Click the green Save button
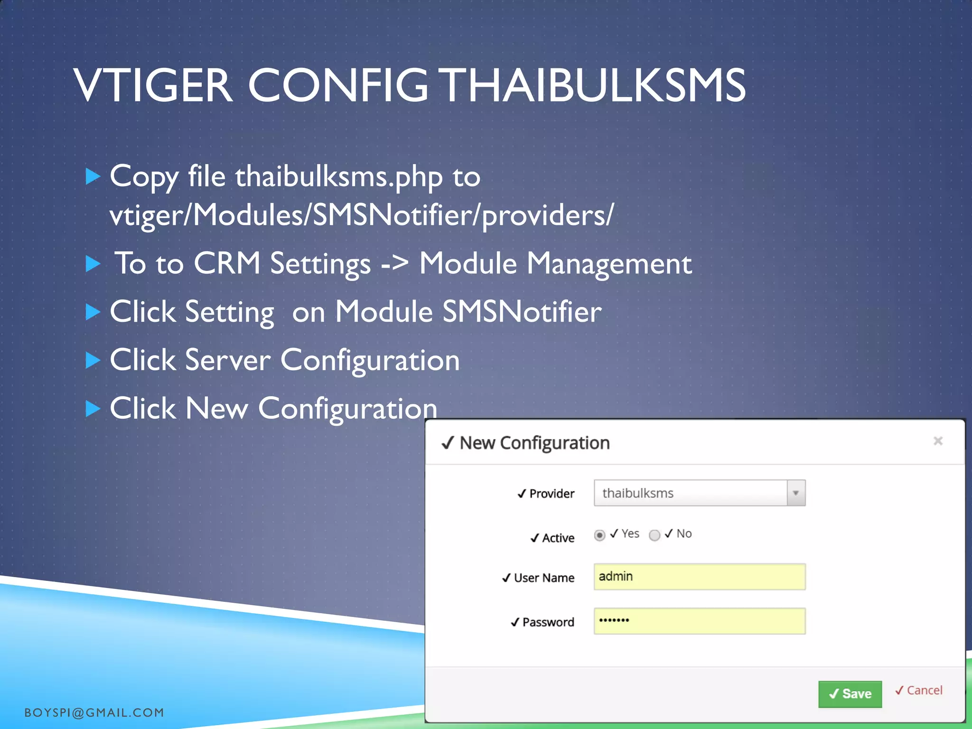point(850,694)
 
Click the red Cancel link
point(919,690)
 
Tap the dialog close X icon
point(938,441)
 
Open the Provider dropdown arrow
point(796,493)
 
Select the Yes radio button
point(599,535)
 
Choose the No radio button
point(654,535)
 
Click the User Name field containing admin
point(699,577)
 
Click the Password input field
point(699,621)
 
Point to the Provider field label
point(551,494)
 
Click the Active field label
point(558,538)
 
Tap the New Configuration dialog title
point(534,443)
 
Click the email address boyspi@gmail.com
point(94,712)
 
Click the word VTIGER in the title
point(153,85)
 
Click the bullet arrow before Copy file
point(93,177)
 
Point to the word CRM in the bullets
point(227,263)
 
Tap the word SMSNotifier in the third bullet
point(522,312)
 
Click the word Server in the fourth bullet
point(228,360)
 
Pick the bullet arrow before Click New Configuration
point(93,408)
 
